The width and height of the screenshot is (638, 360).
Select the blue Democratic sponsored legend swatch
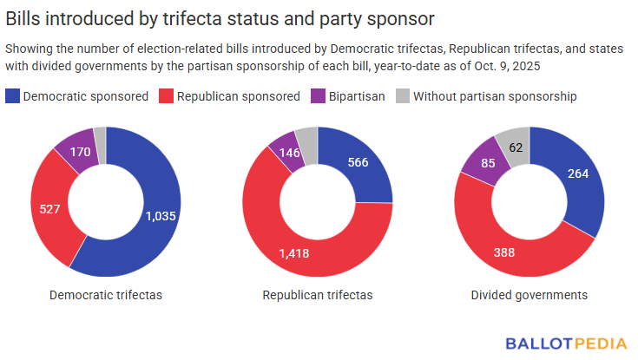[x=13, y=96]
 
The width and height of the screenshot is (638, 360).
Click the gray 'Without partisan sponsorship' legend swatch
[x=402, y=96]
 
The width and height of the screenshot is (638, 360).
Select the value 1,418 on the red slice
[x=293, y=252]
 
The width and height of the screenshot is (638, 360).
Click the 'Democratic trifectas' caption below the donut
[x=106, y=295]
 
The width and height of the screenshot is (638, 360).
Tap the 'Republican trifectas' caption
[x=318, y=295]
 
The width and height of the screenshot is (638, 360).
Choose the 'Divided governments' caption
[x=529, y=295]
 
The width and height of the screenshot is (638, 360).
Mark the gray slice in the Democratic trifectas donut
[x=101, y=134]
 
